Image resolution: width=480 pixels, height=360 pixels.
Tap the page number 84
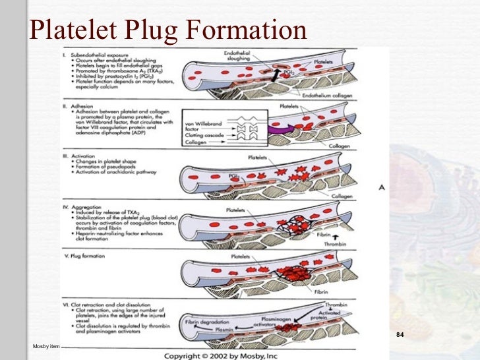(399, 336)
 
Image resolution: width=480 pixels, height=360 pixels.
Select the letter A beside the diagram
(381, 188)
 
